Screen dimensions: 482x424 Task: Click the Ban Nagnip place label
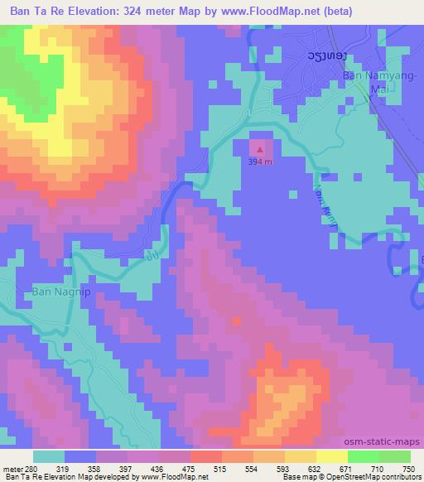click(58, 292)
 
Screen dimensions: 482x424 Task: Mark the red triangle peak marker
click(261, 151)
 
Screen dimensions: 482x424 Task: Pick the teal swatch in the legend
click(49, 456)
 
